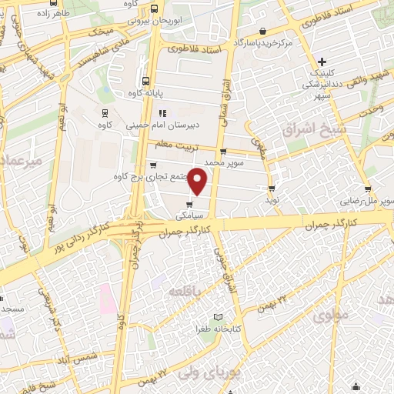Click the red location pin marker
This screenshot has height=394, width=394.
[x=198, y=180]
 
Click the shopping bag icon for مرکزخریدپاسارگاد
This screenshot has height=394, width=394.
[x=264, y=31]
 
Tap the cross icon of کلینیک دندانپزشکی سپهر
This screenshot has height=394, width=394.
[x=322, y=62]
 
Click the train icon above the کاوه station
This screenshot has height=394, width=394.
[x=105, y=111]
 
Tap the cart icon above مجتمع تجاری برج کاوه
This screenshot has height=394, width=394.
[x=153, y=165]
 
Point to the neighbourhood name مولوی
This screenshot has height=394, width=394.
[x=332, y=315]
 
